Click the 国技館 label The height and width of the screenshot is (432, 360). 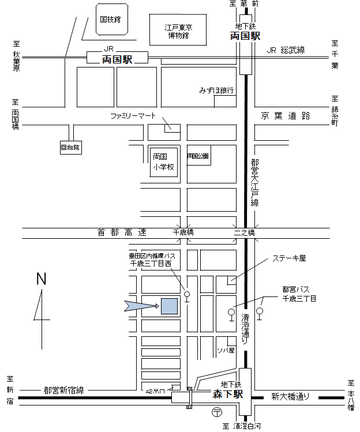point(110,20)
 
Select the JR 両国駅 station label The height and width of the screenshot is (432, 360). point(117,59)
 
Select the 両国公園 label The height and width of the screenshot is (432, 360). point(197,156)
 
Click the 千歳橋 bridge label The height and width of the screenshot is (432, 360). point(184,232)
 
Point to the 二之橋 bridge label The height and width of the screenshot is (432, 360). point(244,232)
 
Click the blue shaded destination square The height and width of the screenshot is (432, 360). point(169,306)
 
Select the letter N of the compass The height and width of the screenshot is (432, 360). point(41,280)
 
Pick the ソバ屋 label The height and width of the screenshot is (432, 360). point(226,350)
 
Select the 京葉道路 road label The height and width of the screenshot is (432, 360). point(286,116)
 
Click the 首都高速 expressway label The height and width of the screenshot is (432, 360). point(122,232)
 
